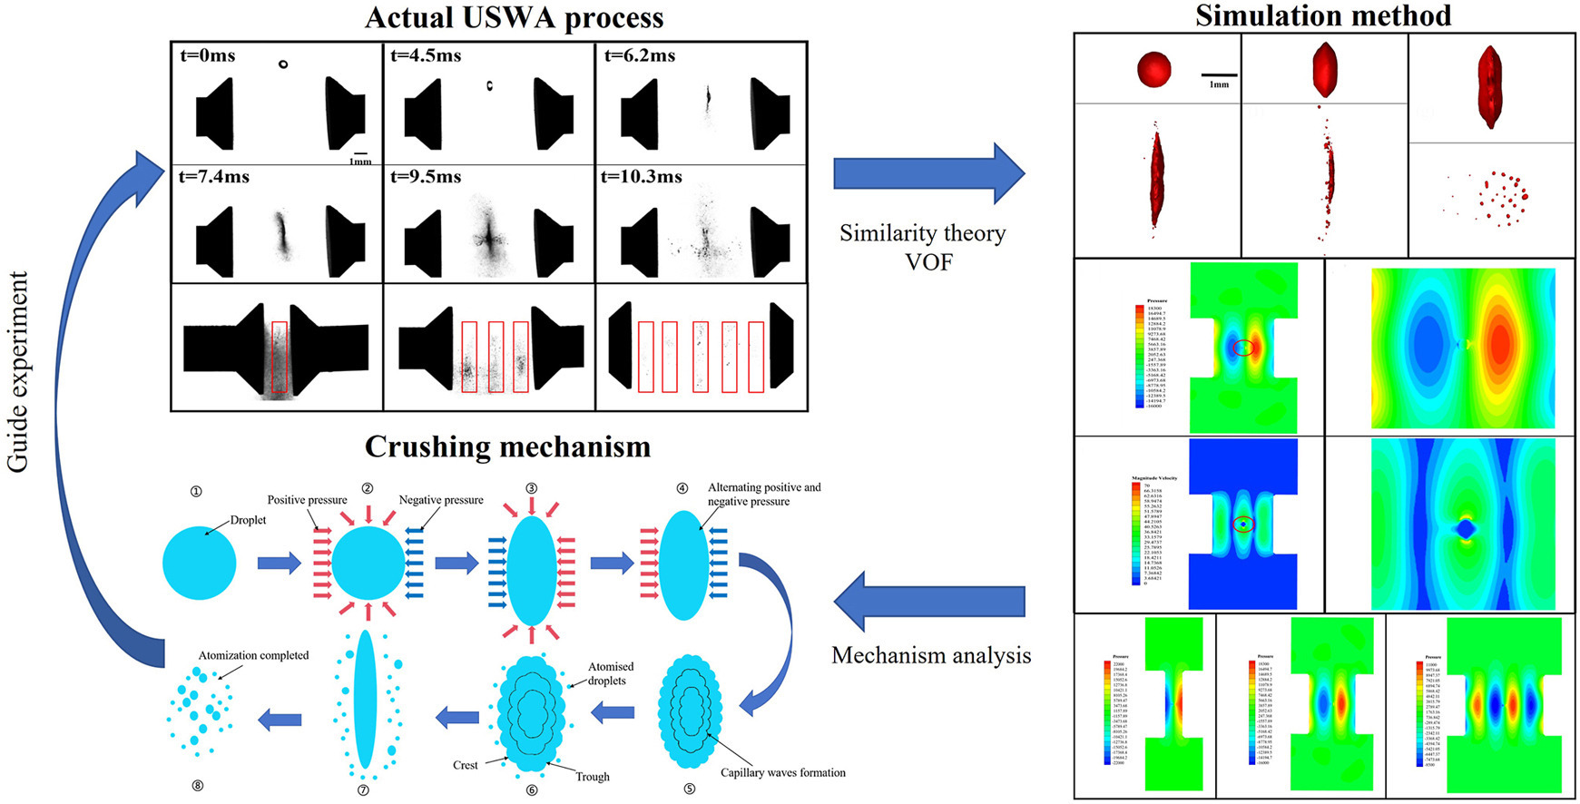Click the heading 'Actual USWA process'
514,18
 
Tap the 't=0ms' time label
208,55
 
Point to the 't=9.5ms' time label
426,176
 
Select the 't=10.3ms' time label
641,176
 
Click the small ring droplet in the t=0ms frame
283,64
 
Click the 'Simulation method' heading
1323,15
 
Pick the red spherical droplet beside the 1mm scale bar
1154,69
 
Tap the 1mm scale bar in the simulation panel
1219,75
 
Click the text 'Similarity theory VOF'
923,247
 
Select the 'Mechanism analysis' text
931,655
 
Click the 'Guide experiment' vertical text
18,372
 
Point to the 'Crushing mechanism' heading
507,446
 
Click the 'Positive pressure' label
307,500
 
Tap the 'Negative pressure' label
441,500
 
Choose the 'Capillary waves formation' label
782,773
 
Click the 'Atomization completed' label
253,655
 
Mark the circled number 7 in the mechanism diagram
363,789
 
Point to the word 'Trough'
592,777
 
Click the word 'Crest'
466,765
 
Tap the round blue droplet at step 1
200,563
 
